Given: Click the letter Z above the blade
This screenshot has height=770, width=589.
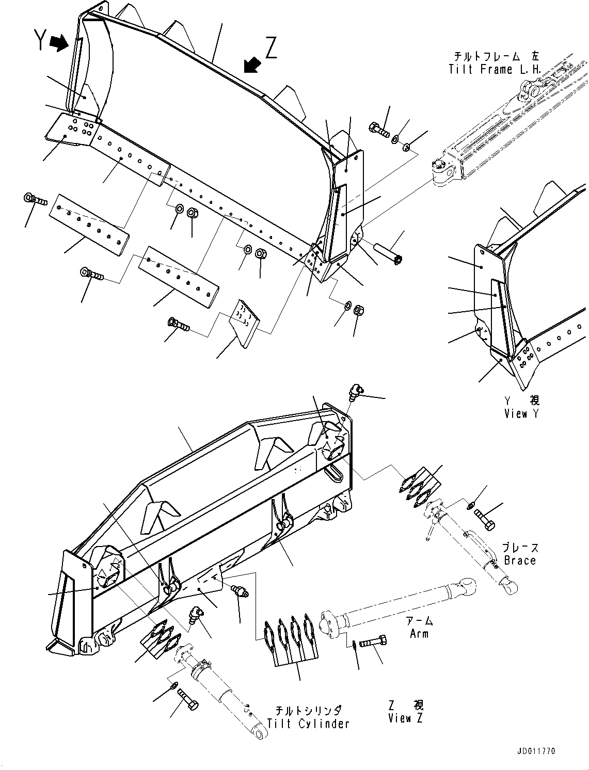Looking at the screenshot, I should (272, 49).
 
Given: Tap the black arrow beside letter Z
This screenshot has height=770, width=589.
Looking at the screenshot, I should (251, 66).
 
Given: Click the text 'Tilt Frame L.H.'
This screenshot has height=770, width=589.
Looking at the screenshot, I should (495, 69).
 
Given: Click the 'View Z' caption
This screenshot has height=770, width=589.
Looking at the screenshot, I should (406, 718).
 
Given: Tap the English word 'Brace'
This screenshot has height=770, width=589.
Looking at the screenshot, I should (520, 560).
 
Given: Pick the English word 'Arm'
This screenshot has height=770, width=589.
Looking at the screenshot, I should (419, 633).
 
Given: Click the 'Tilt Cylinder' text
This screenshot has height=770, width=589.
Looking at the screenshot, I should (308, 724).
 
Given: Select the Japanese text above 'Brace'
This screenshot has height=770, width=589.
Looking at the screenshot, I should (520, 548).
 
